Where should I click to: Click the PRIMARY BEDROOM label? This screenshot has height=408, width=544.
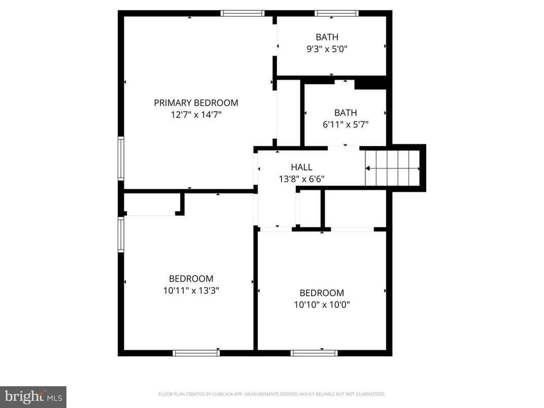(196, 103)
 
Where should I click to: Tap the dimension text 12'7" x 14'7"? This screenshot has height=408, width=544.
(196, 115)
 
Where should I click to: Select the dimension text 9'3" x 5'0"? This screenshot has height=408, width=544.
(327, 49)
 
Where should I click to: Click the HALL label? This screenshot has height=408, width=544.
(301, 167)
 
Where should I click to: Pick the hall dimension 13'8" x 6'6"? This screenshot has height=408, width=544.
(301, 179)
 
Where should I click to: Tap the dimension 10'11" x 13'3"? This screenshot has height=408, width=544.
(191, 291)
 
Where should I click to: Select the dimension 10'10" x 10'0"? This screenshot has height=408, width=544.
(322, 305)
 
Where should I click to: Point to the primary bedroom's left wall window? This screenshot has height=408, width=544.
(121, 158)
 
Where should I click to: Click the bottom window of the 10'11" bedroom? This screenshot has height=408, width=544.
(196, 353)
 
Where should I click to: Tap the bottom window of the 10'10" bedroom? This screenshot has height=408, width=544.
(314, 353)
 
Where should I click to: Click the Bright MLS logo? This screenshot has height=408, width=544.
(33, 396)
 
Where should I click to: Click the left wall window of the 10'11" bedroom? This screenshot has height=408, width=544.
(121, 234)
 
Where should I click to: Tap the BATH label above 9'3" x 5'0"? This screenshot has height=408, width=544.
(327, 37)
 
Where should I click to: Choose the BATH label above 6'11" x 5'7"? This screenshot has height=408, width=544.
(346, 113)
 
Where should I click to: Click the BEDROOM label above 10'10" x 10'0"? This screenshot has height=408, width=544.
(322, 293)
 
